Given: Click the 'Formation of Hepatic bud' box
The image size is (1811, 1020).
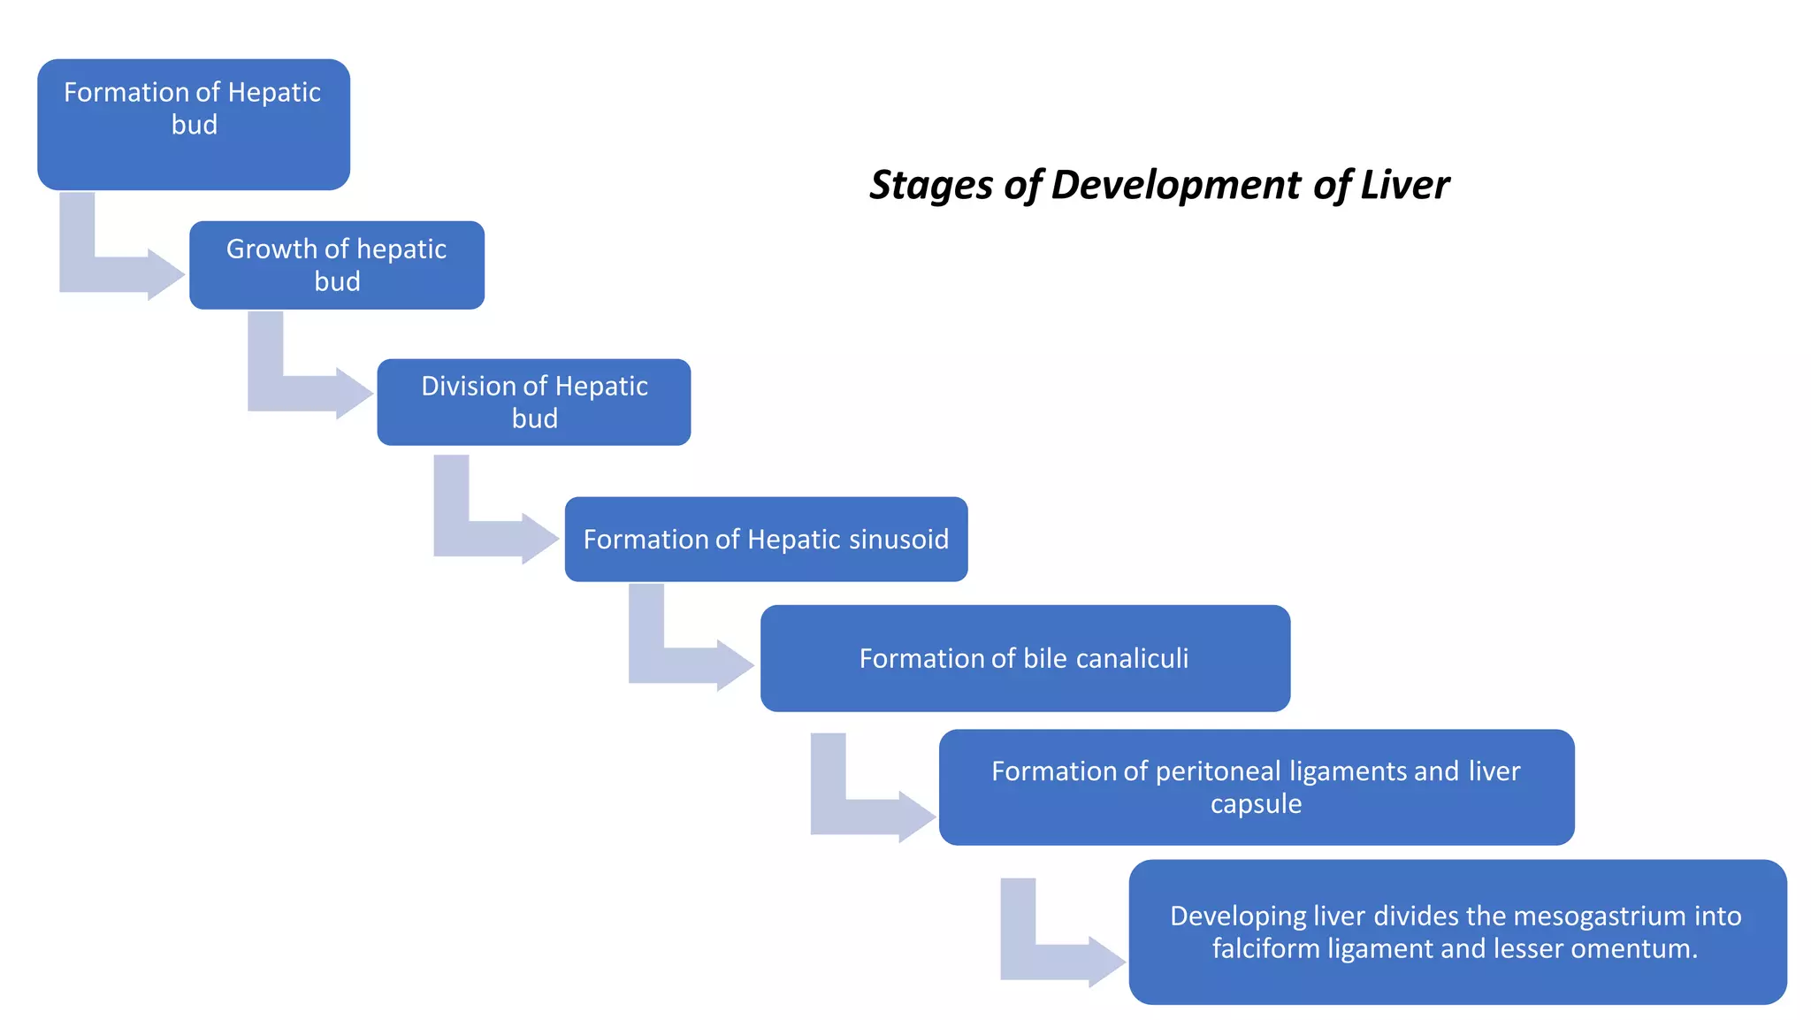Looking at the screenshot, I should (x=194, y=125).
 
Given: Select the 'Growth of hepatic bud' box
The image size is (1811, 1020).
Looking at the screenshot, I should (x=337, y=265).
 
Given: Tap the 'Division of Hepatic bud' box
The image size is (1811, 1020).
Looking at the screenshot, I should (x=534, y=403).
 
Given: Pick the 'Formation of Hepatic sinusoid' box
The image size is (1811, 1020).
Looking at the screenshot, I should (x=766, y=539).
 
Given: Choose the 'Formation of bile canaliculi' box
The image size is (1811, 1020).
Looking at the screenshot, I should (x=1025, y=658).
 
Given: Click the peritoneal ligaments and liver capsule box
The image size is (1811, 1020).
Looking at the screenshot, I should (x=1257, y=787).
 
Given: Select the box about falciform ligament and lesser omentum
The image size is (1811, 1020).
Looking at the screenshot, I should (x=1457, y=932).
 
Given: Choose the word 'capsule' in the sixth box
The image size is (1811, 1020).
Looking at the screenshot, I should (x=1256, y=804).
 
